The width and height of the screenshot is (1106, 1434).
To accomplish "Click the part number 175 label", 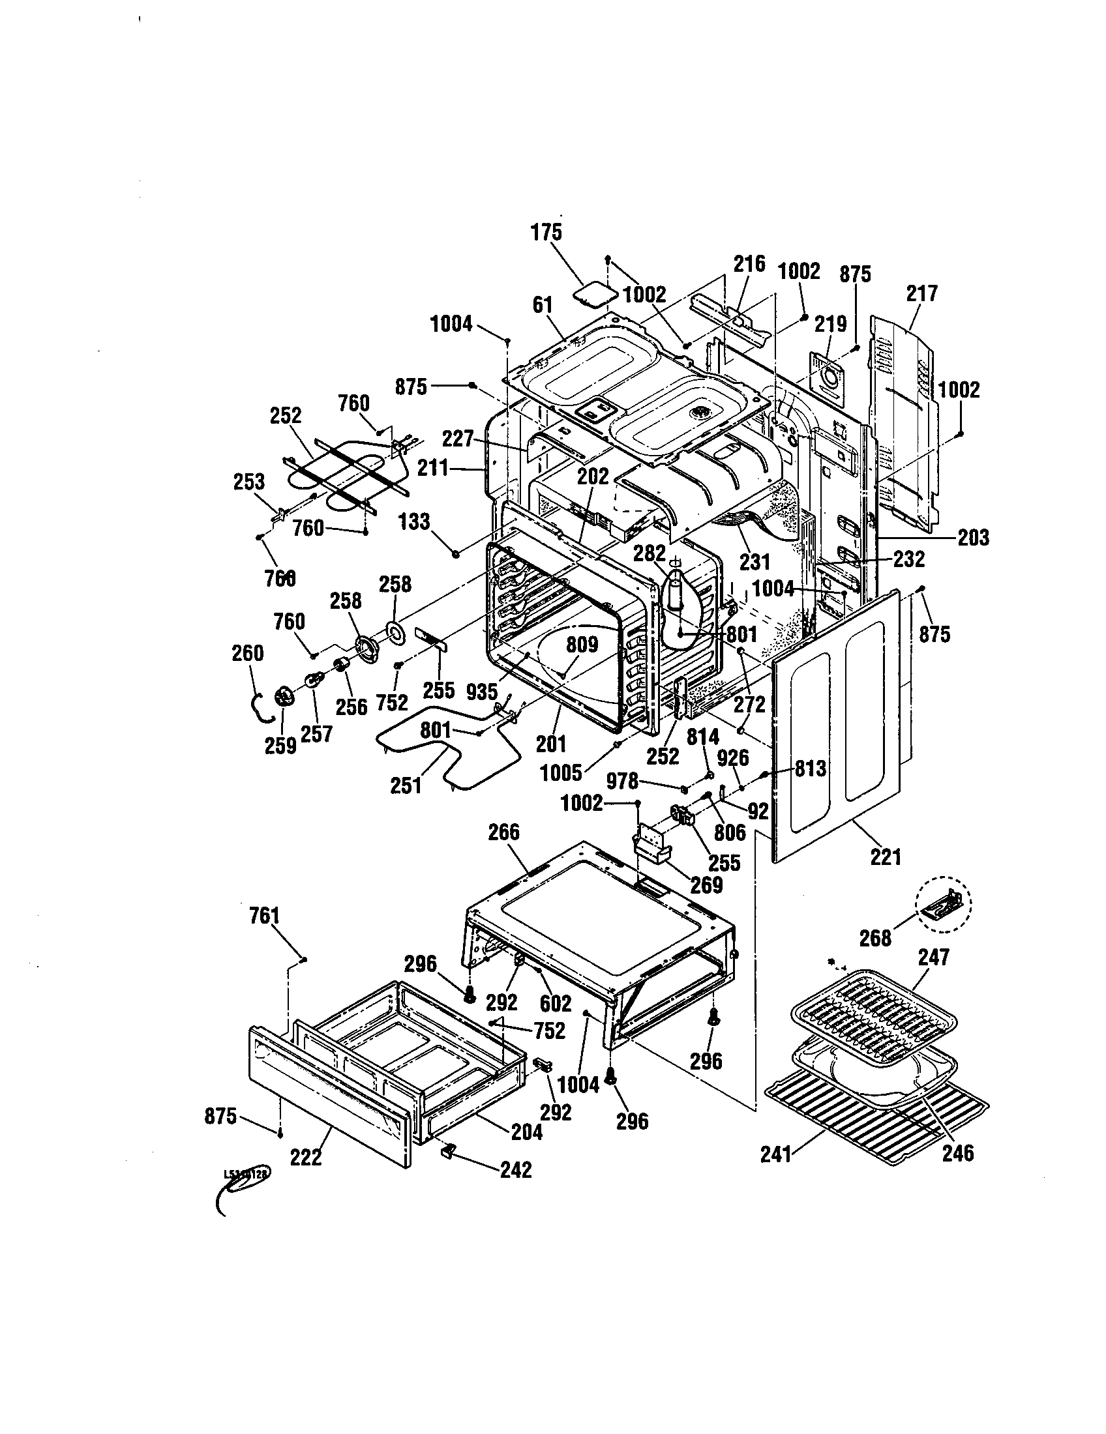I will tap(546, 232).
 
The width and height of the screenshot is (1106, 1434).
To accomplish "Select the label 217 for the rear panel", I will tap(922, 293).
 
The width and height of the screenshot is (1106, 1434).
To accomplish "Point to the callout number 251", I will tap(406, 785).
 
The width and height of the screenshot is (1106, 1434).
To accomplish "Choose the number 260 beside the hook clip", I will tap(248, 653).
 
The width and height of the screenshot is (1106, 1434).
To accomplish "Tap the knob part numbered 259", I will tap(284, 697).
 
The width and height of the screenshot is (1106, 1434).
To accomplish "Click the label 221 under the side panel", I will tap(886, 856).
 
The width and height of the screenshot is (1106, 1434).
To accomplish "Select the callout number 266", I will tap(503, 832).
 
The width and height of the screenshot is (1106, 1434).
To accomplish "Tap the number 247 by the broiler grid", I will tap(933, 958).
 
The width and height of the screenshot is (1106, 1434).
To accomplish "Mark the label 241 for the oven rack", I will tap(775, 1154).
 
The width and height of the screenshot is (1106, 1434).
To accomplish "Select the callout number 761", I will tap(265, 915).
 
